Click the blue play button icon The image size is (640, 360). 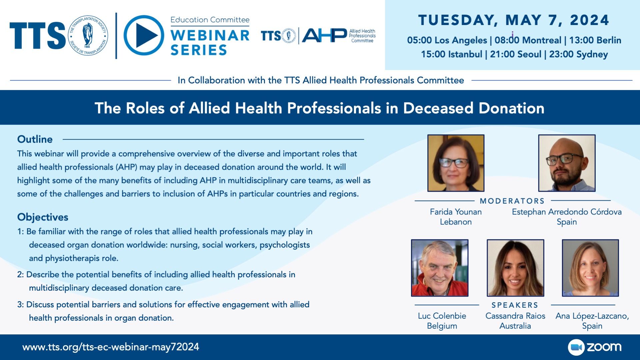point(144,35)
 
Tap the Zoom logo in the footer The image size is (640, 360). point(595,347)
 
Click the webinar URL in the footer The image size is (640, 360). point(111,347)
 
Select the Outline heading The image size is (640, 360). point(35,139)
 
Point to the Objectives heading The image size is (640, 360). point(43,217)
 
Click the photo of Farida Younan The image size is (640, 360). point(456,163)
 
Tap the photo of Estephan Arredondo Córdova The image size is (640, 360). point(567,163)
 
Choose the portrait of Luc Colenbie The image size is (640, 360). point(440,268)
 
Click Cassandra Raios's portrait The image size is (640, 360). point(515,268)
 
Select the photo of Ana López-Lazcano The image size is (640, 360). point(590,268)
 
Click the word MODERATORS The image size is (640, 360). point(512,201)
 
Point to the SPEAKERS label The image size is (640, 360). point(515,305)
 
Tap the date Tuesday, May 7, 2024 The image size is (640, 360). point(514,20)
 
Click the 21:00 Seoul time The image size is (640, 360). point(516,54)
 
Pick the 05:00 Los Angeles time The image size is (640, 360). point(447,40)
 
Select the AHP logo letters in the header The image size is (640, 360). point(324,35)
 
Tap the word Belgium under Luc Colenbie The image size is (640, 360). point(442,326)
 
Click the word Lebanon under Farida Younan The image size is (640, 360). point(456,222)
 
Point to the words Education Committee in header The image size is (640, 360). point(210,20)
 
